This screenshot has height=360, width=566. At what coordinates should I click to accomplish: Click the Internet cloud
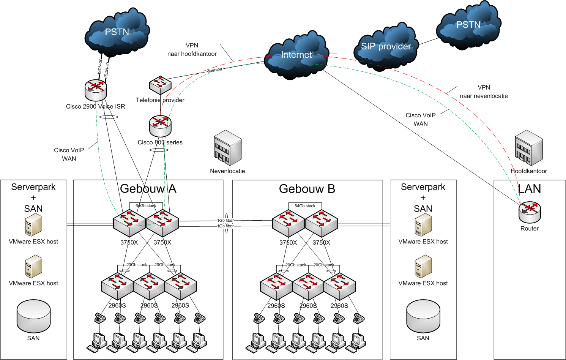[296, 55]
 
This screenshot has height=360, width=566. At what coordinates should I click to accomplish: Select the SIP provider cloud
[386, 47]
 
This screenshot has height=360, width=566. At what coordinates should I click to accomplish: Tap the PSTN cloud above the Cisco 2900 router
[117, 32]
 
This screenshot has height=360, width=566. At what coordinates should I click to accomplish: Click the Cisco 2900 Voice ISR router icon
[96, 90]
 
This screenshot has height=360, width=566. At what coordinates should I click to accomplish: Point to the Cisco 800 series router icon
[160, 126]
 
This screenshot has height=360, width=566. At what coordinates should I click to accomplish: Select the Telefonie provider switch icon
[160, 85]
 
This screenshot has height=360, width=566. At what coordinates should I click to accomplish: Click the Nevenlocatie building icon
[228, 148]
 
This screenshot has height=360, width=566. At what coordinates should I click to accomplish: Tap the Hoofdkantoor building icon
[529, 148]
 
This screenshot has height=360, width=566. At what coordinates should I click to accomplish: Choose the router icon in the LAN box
[530, 212]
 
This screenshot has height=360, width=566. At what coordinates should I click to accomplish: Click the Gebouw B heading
[307, 189]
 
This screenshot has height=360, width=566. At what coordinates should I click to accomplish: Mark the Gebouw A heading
[148, 189]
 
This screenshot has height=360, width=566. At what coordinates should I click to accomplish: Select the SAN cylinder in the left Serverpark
[33, 316]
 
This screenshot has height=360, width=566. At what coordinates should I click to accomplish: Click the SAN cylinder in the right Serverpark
[423, 316]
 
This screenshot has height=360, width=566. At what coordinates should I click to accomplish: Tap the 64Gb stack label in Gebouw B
[305, 206]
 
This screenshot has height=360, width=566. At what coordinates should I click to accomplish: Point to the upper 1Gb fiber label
[225, 220]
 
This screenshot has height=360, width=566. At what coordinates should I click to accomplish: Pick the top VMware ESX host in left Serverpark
[33, 224]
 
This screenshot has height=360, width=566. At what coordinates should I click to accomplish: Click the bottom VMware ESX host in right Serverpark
[423, 266]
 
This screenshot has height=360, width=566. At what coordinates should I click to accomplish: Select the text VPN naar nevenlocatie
[484, 92]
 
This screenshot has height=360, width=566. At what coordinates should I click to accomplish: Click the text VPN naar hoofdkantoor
[192, 49]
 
